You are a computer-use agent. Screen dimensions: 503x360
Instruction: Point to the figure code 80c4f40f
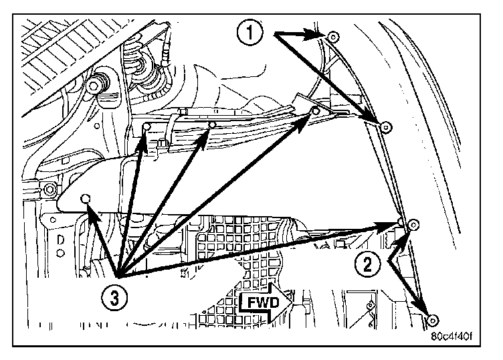coord(460,337)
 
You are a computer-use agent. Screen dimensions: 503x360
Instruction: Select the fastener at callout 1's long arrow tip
coord(385,126)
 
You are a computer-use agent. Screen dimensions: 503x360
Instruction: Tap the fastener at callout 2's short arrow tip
coord(413,224)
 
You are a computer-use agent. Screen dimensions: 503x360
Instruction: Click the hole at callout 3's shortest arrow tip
coord(85,198)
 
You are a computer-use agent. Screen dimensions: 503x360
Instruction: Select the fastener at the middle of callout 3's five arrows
coord(211,124)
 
